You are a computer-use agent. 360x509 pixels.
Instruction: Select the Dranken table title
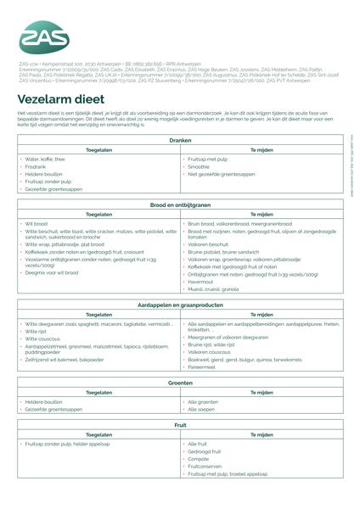point(180,139)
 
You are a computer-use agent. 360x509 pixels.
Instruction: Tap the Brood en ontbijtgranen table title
point(180,205)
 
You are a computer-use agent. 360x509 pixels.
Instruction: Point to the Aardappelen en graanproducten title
point(180,304)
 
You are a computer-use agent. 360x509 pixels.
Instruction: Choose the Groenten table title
point(180,383)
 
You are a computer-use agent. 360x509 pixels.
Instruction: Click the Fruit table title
point(180,423)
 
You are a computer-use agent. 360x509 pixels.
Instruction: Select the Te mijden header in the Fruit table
point(261,433)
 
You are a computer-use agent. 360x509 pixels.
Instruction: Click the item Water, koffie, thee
point(45,159)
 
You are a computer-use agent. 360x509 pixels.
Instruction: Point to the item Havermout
point(202,282)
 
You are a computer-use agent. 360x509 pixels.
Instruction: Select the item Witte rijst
point(37,331)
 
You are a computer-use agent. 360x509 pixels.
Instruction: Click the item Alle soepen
point(202,409)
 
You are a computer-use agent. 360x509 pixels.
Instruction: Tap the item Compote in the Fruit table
point(199,459)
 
